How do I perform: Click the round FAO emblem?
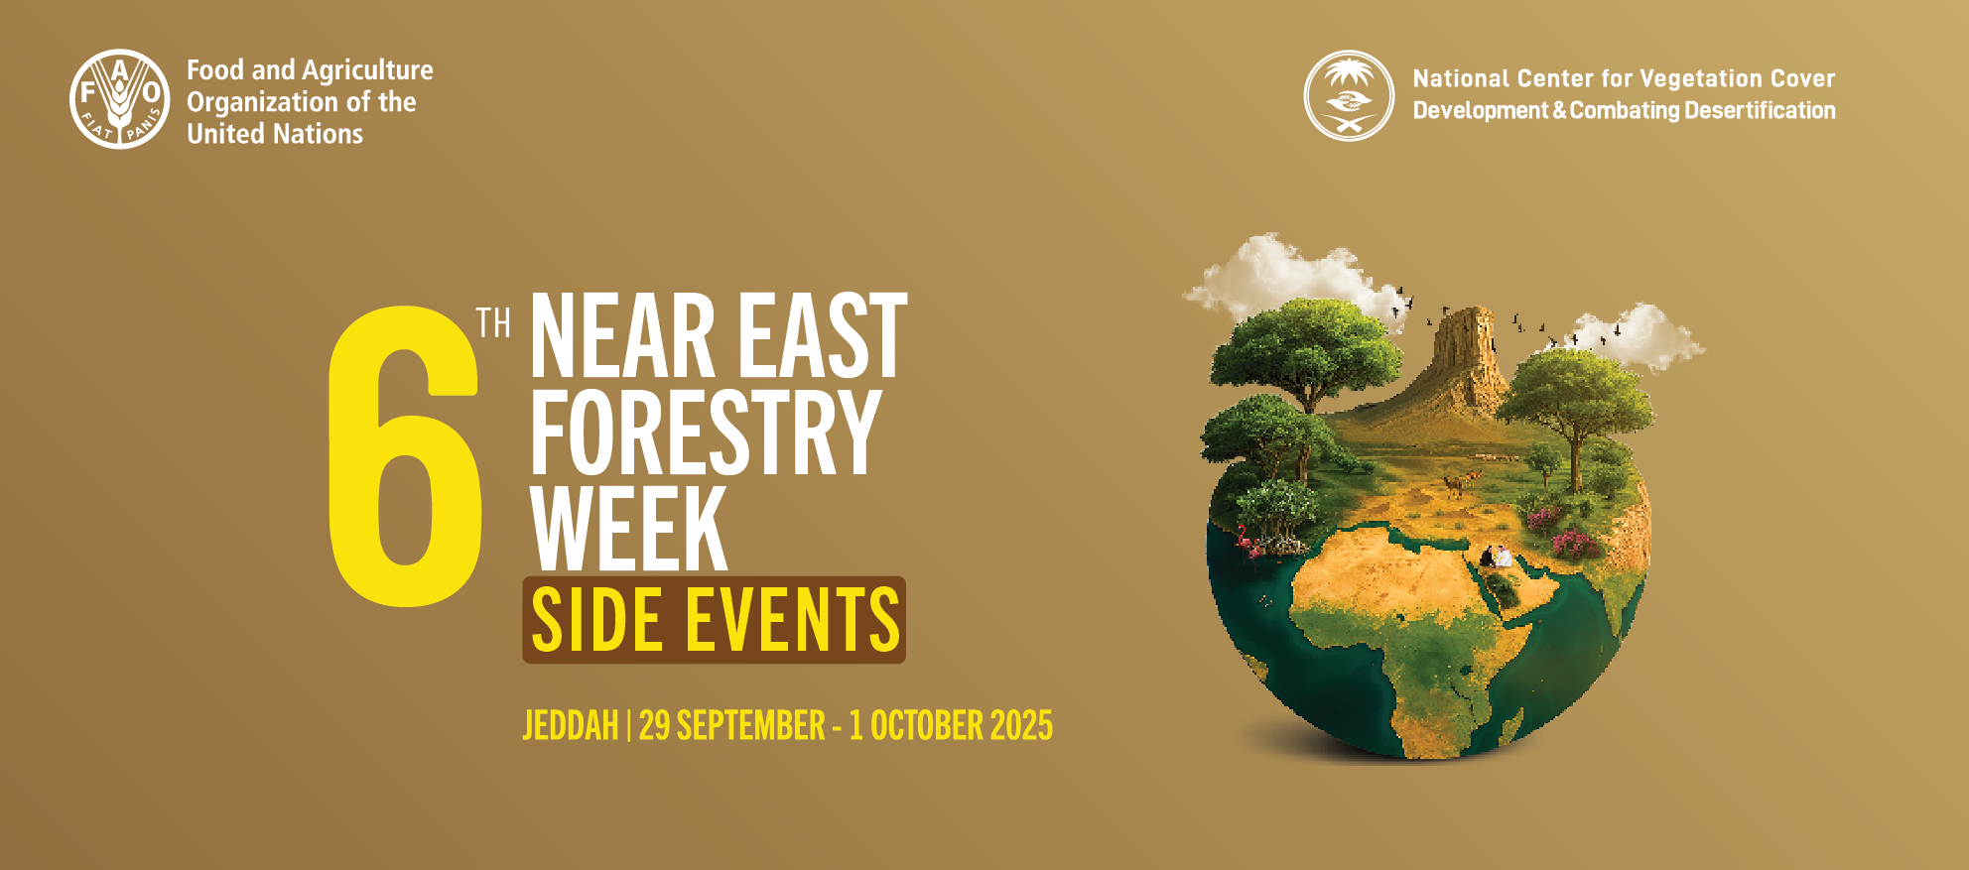click(120, 99)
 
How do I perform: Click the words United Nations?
click(275, 134)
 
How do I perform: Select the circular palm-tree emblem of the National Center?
click(1349, 95)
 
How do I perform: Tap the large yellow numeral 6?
click(405, 455)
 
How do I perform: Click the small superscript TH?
click(493, 323)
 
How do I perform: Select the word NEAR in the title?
click(623, 336)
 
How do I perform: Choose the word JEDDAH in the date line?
click(571, 726)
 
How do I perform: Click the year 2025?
click(1021, 726)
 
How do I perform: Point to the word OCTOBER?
click(927, 726)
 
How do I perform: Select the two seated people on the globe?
click(1497, 557)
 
